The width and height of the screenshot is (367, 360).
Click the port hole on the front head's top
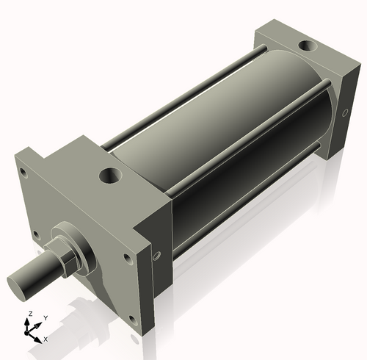pyautogui.click(x=112, y=176)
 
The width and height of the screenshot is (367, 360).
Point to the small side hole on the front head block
pyautogui.click(x=156, y=256)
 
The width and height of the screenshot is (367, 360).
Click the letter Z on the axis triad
pyautogui.click(x=29, y=314)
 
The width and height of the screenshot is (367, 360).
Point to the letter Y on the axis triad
pyautogui.click(x=45, y=317)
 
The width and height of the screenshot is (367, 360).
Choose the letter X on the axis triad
pyautogui.click(x=46, y=339)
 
